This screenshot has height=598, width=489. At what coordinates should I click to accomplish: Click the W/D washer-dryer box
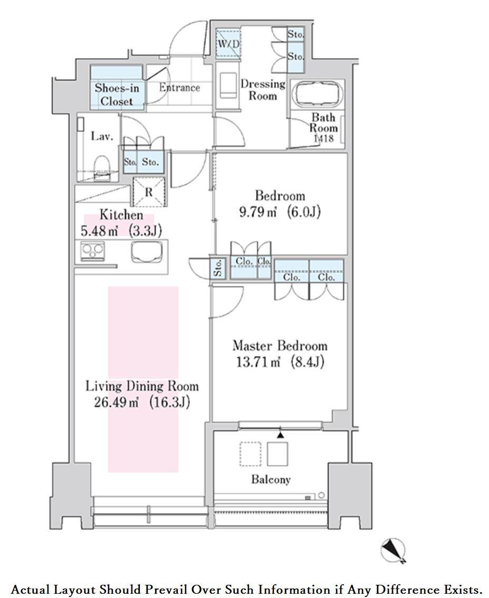[228, 43]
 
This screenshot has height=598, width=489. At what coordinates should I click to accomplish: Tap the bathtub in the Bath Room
[317, 93]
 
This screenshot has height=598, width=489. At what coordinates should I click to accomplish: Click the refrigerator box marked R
[149, 192]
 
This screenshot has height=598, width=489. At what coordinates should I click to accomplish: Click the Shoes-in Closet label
[117, 94]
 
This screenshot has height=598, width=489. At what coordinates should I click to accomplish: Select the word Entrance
[179, 87]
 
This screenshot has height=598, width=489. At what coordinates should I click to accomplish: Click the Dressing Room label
[263, 90]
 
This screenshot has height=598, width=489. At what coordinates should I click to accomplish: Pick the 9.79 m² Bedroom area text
[280, 211]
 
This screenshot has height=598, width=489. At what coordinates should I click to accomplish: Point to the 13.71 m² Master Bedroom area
[280, 361]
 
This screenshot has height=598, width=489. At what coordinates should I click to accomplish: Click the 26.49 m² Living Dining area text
[142, 402]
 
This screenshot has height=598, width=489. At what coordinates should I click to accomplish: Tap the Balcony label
[271, 479]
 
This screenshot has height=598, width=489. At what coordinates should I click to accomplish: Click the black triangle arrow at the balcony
[281, 435]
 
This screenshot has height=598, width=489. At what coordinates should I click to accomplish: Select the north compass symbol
[394, 550]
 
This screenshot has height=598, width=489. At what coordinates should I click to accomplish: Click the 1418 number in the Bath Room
[323, 138]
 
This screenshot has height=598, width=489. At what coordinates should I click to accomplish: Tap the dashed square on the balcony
[251, 454]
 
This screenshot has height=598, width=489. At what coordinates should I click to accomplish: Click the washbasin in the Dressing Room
[228, 86]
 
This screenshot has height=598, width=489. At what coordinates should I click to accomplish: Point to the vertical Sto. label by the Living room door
[218, 268]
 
